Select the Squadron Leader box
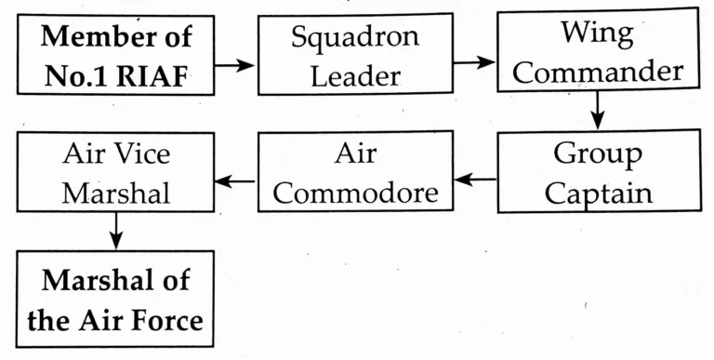[354, 56]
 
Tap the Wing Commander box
[596, 53]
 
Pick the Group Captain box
[596, 172]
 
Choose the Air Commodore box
[356, 173]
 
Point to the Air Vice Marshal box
[116, 173]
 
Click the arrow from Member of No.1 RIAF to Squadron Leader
[235, 64]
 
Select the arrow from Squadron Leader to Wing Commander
[474, 62]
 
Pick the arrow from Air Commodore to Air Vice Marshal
[235, 180]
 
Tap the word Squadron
[354, 38]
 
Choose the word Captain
[598, 193]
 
